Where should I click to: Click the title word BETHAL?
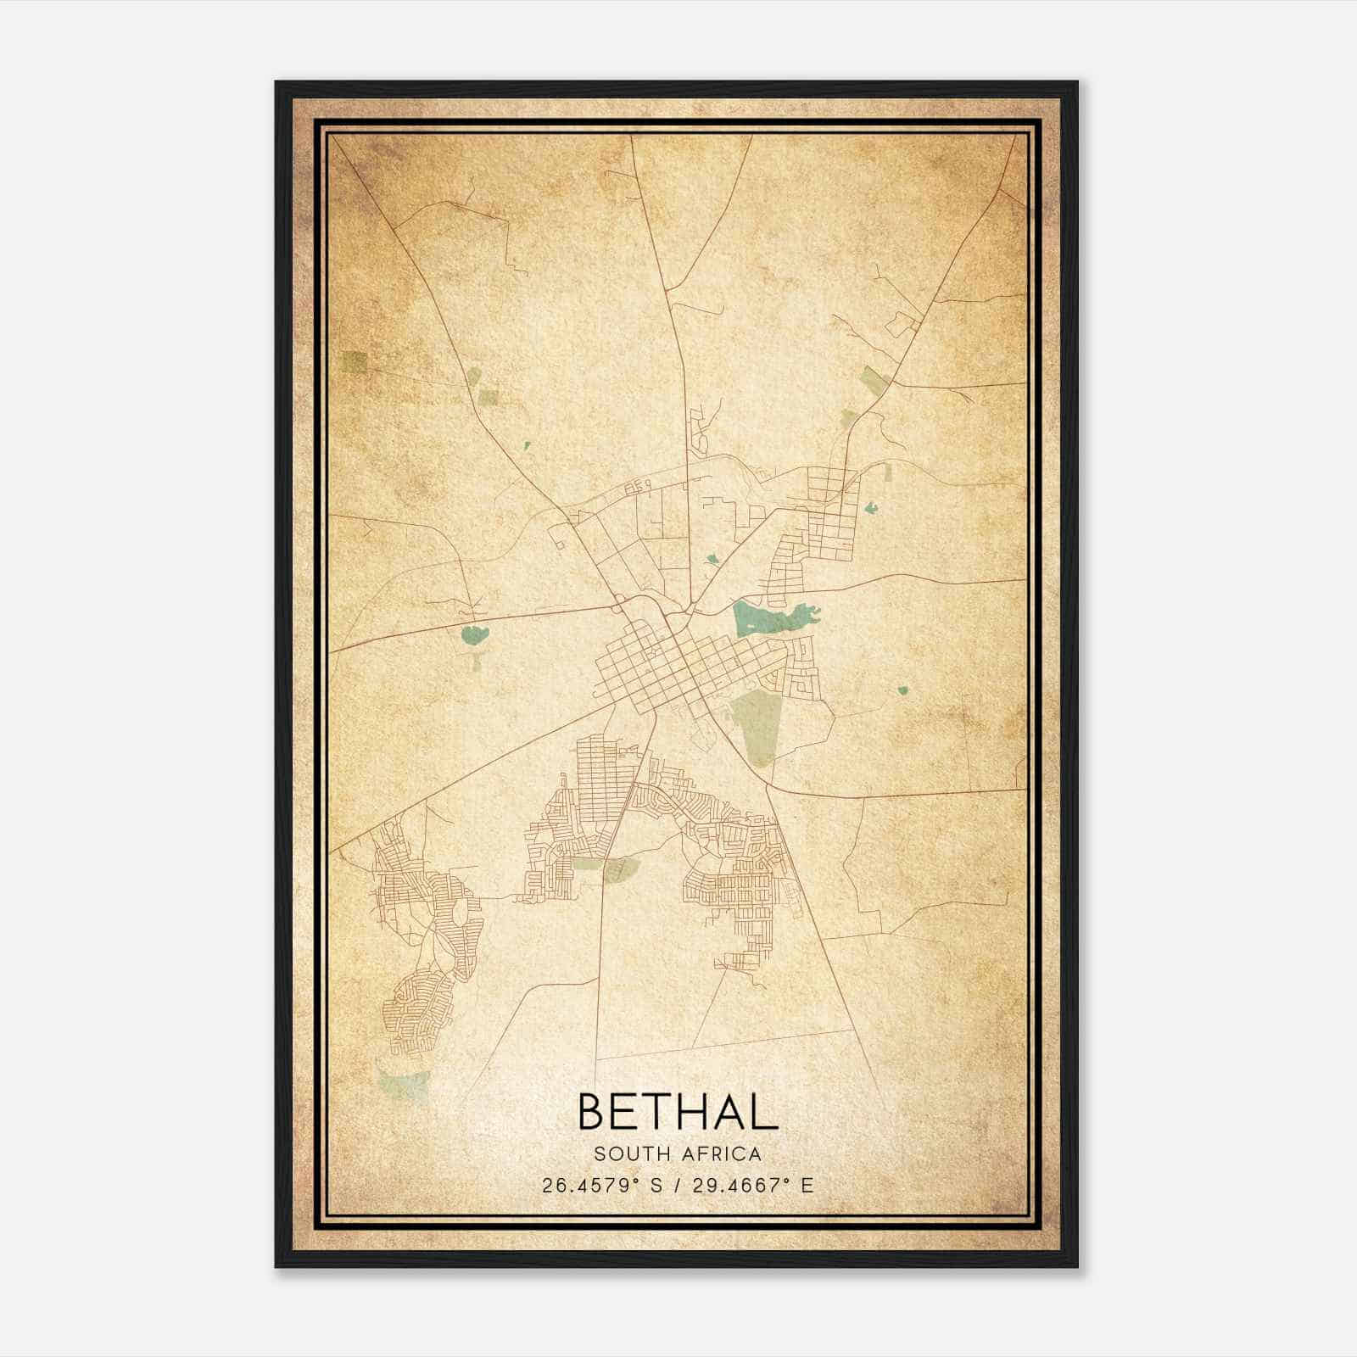click(677, 1112)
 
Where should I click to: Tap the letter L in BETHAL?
click(764, 1112)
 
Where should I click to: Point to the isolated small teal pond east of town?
click(903, 690)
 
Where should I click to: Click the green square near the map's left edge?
click(355, 362)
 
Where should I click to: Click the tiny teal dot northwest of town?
click(526, 444)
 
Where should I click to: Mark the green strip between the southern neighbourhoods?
click(605, 866)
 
